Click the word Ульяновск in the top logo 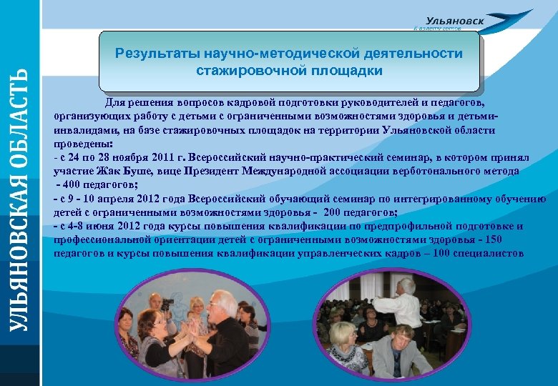[454, 21]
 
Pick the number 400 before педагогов [74, 184]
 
